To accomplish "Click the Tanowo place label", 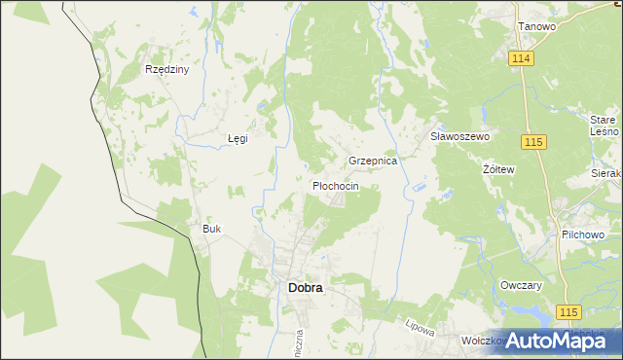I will [536, 26].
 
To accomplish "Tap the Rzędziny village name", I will [166, 70].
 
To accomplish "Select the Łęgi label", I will [238, 138].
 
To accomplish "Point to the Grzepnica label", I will [373, 161].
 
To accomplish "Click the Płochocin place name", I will [336, 185].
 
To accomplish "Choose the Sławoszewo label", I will [459, 137].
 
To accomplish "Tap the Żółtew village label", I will [498, 168].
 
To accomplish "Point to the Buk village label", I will [212, 229].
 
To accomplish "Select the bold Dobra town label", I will [306, 288].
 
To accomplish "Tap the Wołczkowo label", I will [484, 342].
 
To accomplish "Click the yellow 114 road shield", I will [522, 58].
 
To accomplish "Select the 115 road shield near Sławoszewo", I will [532, 143].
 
